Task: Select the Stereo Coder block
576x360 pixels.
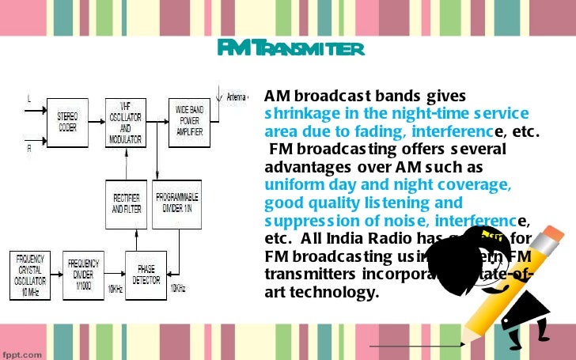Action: click(67, 122)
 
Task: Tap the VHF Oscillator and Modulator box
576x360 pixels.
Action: click(126, 123)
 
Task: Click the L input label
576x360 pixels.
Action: click(29, 99)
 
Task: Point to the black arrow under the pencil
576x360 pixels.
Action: click(417, 346)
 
